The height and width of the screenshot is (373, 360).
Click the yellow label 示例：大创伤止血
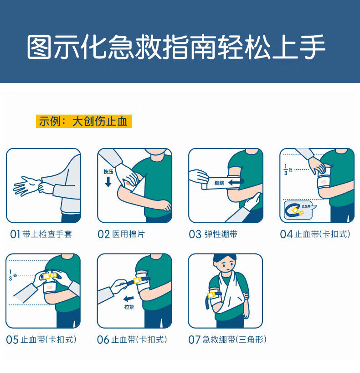click(x=84, y=121)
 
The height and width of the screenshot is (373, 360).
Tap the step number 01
click(x=15, y=235)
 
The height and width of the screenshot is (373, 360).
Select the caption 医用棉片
click(x=129, y=235)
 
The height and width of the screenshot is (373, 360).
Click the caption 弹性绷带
click(x=220, y=235)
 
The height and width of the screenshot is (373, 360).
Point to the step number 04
click(x=286, y=235)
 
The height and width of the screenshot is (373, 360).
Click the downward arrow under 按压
click(x=108, y=182)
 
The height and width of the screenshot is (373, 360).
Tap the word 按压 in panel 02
click(x=108, y=172)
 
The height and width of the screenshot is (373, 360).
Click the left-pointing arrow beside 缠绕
click(x=236, y=182)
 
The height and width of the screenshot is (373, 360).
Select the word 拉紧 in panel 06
click(x=129, y=307)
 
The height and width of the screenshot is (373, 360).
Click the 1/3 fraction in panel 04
click(x=287, y=169)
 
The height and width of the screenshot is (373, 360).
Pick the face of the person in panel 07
click(x=225, y=265)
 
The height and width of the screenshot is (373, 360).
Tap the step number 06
click(x=103, y=340)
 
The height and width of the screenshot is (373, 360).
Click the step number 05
click(x=12, y=340)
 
